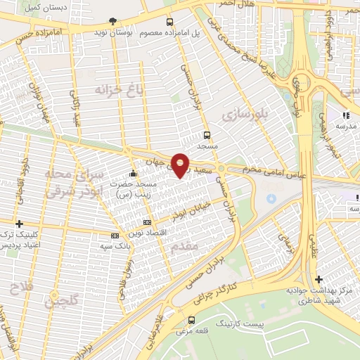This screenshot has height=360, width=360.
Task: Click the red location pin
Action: point(180,165)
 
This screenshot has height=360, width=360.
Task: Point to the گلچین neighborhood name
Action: point(60,301)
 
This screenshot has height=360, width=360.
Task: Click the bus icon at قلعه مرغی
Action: point(191,319)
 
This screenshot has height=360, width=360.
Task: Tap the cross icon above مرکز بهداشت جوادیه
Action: point(319,278)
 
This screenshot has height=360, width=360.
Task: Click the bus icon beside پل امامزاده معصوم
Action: point(168,22)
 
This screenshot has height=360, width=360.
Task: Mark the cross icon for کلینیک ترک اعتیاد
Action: point(19,224)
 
